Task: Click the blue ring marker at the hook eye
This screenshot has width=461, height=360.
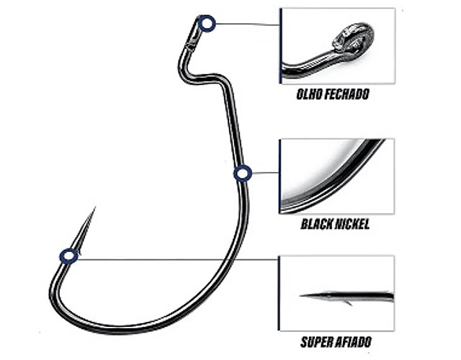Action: (206, 23)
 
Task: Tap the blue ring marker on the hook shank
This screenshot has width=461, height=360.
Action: (242, 173)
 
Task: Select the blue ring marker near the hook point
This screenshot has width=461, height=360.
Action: (69, 255)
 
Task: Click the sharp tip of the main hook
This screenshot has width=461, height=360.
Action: (94, 210)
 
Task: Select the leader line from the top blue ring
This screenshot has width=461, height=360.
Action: (245, 23)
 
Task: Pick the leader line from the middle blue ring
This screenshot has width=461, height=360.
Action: (264, 173)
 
